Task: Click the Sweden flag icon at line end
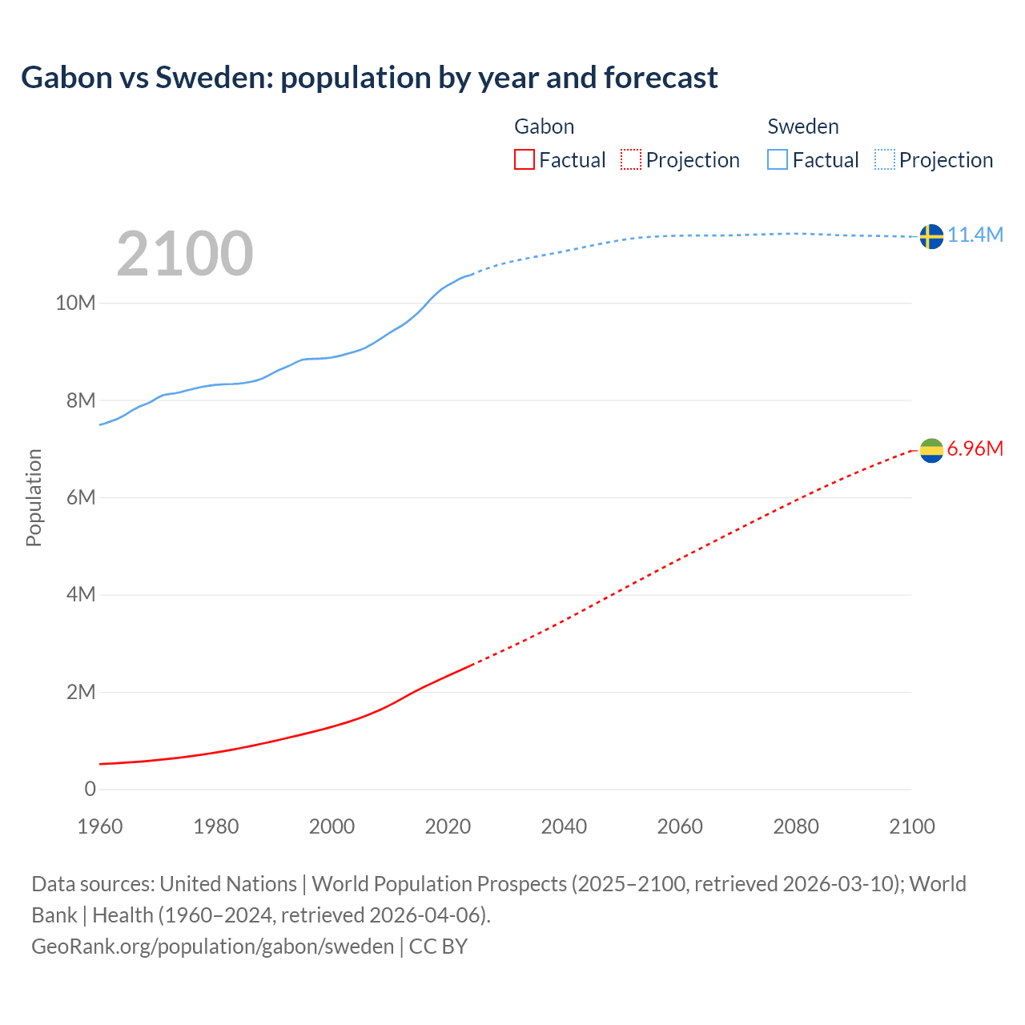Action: pos(931,236)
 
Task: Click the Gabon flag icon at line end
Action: pos(931,451)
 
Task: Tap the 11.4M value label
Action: pos(975,235)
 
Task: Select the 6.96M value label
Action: pos(975,448)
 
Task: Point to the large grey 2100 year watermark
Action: pos(185,254)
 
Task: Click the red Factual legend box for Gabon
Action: pos(524,160)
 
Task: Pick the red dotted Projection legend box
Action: pos(631,160)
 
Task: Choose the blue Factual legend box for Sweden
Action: pos(778,160)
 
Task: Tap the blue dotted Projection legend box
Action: pos(884,160)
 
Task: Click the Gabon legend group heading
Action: pos(544,127)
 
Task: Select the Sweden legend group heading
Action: pos(803,127)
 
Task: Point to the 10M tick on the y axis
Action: pos(75,303)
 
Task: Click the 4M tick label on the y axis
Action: pos(80,594)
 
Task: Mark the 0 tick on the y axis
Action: pos(90,789)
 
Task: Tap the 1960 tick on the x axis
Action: pos(100,826)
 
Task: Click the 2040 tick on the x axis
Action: pos(564,826)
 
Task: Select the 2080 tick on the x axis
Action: pos(796,826)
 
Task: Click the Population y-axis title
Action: pos(34,497)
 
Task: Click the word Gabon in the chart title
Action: pos(66,78)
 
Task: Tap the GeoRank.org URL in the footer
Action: pos(212,947)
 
